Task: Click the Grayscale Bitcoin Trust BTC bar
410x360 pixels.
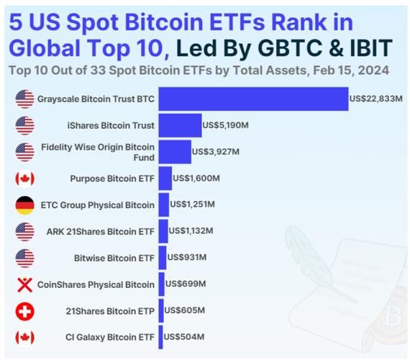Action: coord(253,99)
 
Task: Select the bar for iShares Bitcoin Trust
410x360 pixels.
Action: coord(180,125)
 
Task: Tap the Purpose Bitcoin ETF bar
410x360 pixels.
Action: coord(165,179)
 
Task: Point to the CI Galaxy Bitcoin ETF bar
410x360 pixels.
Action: coord(160,337)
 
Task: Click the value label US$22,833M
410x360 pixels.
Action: coord(375,99)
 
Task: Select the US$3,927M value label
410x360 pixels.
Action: coord(216,152)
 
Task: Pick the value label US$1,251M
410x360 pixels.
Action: coord(193,204)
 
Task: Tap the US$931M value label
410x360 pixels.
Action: coord(187,257)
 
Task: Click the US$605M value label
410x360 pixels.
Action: coord(184,310)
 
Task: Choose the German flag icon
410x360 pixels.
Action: coord(25,205)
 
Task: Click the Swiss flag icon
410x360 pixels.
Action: coord(25,312)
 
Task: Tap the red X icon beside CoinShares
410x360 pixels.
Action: coord(25,285)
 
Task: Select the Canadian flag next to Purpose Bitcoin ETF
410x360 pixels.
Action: coord(25,179)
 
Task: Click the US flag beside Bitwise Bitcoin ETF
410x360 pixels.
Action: coord(25,258)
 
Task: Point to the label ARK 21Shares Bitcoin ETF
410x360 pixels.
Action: coord(101,232)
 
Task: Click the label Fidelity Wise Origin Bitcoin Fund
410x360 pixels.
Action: coord(98,152)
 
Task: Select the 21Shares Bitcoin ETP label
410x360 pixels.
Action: coord(110,311)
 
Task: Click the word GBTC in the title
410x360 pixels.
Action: coord(290,48)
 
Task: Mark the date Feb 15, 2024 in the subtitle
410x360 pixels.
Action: coord(351,71)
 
